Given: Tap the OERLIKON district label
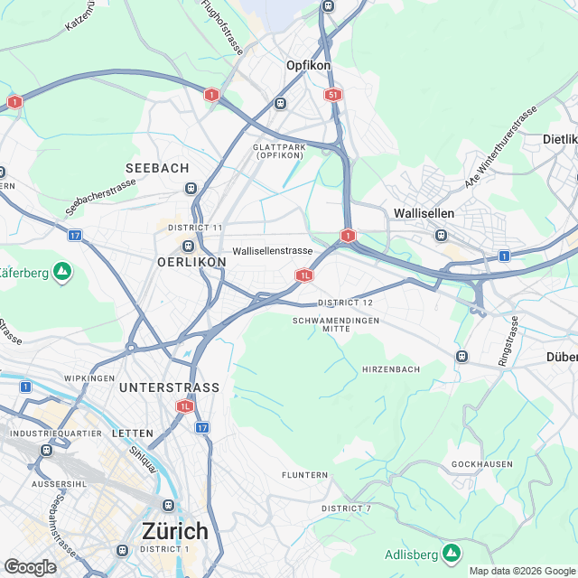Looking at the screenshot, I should click(191, 262).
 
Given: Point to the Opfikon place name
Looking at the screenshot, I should click(309, 66).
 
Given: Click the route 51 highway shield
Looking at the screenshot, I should click(334, 94).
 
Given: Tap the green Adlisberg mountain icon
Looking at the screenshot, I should click(452, 553).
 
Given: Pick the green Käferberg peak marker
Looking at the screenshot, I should click(61, 270).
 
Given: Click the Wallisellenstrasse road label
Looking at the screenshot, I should click(272, 251).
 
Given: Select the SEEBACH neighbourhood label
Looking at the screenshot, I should click(157, 169).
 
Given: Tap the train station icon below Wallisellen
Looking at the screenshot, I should click(441, 235).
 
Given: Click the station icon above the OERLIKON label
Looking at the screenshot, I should click(189, 246).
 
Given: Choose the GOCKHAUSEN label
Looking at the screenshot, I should click(482, 464).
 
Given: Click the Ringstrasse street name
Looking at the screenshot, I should click(509, 340).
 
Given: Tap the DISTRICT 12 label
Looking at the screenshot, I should click(345, 302).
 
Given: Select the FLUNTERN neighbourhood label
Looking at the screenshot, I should click(304, 475).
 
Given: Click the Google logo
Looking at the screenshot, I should click(30, 566).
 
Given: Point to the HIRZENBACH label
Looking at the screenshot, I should click(392, 370).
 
